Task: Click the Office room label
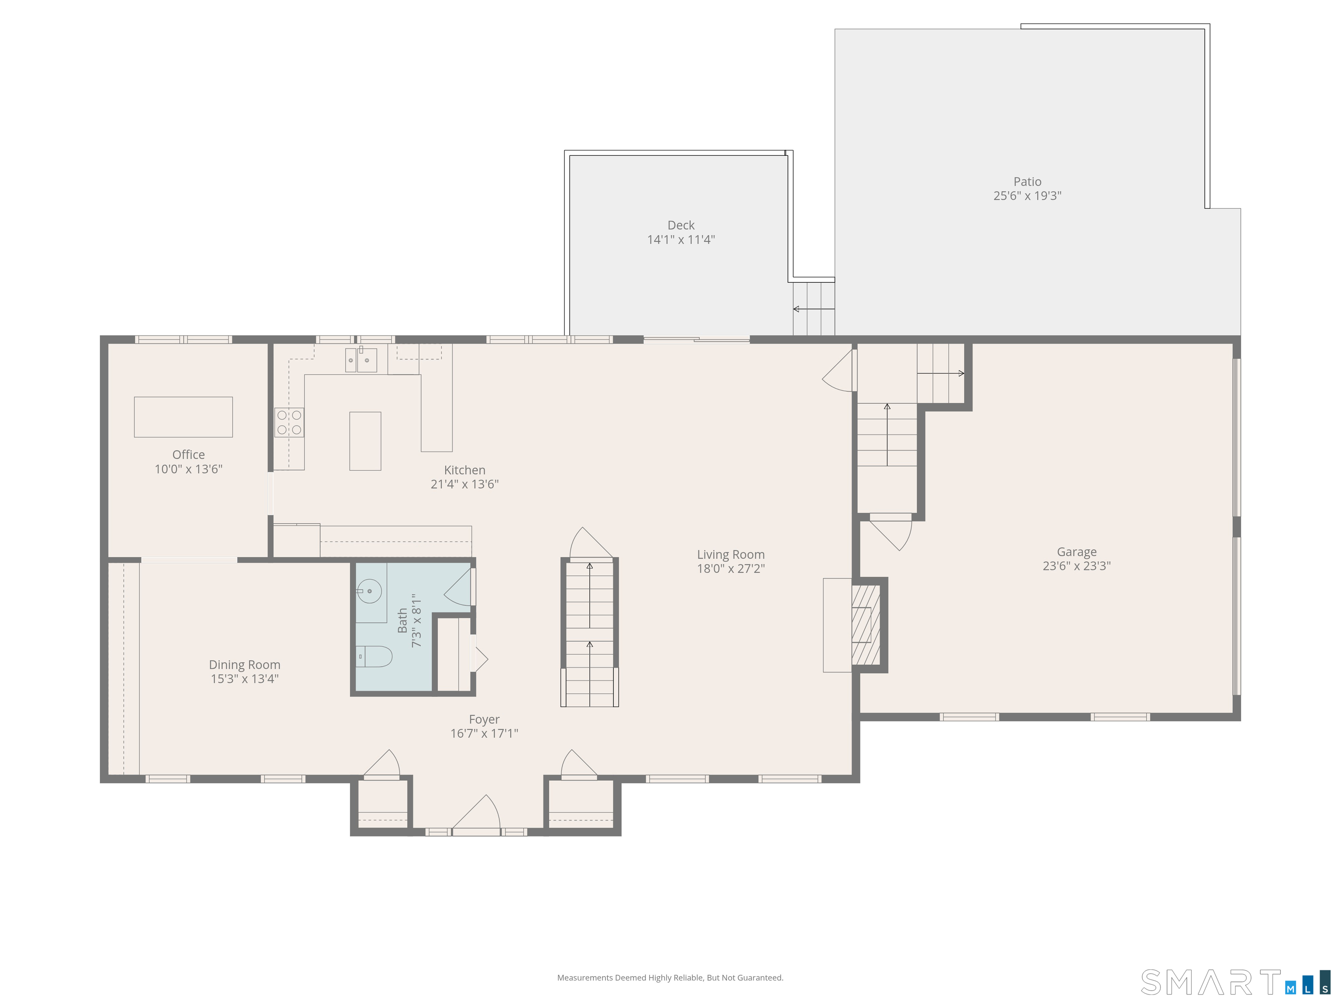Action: (x=189, y=455)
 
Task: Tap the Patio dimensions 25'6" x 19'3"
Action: (x=1027, y=196)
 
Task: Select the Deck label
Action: (x=681, y=226)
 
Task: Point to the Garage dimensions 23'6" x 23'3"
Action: (x=1076, y=566)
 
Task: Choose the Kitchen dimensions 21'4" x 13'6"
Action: (x=464, y=484)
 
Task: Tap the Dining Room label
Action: (x=244, y=665)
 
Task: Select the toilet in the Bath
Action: (x=374, y=656)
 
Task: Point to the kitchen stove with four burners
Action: (x=289, y=422)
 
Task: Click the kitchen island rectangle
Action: (x=365, y=441)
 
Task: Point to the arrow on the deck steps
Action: (x=814, y=309)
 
